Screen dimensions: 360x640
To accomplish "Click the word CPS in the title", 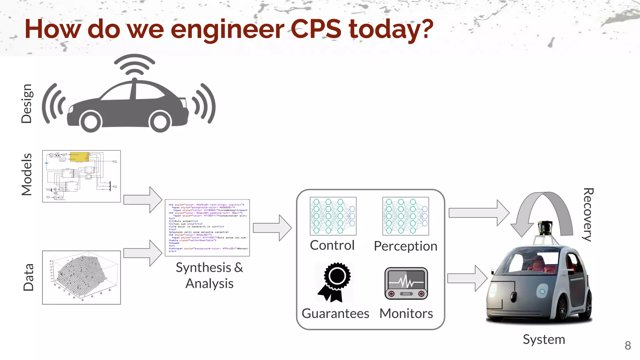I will (316, 29).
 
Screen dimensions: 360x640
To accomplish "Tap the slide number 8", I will (627, 346).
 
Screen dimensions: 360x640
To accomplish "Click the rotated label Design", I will (27, 103).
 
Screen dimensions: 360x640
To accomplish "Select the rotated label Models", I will (27, 174).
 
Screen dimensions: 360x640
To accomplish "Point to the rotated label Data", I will (28, 277).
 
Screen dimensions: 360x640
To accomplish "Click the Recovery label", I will (588, 215).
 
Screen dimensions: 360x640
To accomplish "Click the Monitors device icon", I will (406, 283).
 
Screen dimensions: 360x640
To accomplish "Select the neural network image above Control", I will (333, 216).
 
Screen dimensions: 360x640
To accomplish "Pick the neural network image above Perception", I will (405, 216).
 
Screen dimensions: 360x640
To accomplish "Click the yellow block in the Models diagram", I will (79, 157).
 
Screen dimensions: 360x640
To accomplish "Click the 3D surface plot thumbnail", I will (81, 277).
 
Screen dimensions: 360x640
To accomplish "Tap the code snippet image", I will (207, 227).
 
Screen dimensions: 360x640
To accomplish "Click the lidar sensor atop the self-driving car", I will (545, 228).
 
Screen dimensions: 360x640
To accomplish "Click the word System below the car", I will (544, 339).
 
